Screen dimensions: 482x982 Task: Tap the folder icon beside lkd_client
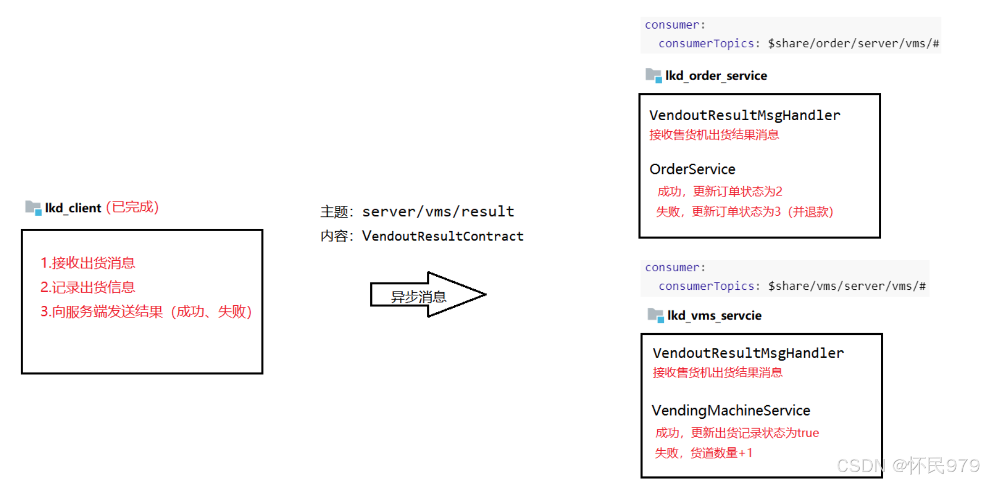pos(33,208)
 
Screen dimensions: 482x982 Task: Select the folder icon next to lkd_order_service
pos(654,75)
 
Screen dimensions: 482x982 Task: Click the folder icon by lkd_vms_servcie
pos(656,315)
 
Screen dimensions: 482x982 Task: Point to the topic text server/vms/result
pos(438,211)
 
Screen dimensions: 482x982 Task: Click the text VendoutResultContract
pos(442,236)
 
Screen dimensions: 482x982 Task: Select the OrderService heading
pos(692,169)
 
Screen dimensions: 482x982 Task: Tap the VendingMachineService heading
pos(731,410)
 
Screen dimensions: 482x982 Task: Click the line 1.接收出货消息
pos(88,263)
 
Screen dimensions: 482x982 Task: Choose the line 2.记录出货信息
pos(88,287)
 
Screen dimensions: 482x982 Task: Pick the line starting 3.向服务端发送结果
pos(146,312)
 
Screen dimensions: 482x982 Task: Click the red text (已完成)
pos(132,208)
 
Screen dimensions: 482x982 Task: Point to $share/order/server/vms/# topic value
pos(853,43)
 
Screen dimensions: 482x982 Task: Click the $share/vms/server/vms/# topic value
pos(846,286)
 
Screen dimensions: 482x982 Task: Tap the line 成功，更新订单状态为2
pos(720,192)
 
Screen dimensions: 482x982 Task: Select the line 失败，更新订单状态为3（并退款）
pos(744,212)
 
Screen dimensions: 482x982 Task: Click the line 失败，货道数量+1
pos(703,453)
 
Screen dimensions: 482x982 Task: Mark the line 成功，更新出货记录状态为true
pos(737,433)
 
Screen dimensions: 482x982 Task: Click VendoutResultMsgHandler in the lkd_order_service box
pos(744,115)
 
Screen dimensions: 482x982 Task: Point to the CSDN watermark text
pos(908,466)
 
